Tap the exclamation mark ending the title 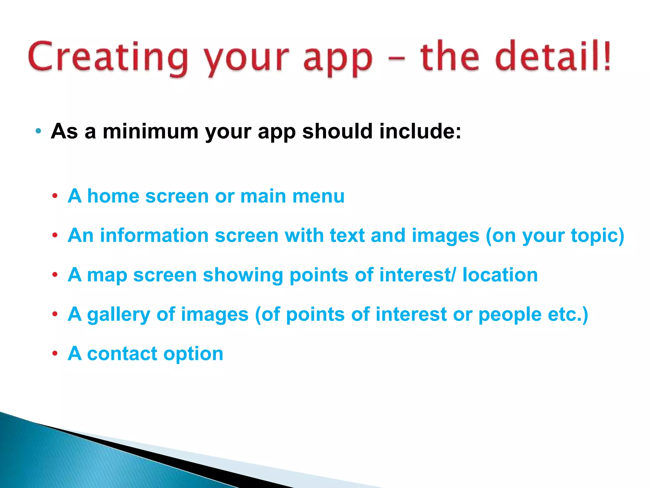607,56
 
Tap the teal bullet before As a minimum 38,131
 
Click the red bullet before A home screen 55,196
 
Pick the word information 154,235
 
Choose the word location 500,275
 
